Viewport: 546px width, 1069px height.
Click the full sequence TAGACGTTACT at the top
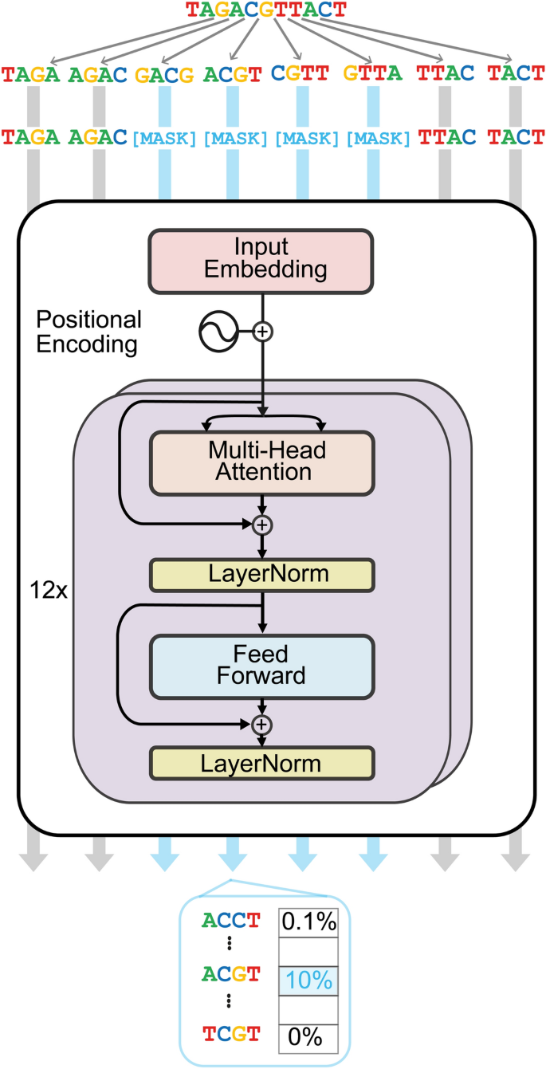265,11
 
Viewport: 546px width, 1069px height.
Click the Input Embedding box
261,259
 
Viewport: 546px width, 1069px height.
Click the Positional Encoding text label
88,332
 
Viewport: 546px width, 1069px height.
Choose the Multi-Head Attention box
261,461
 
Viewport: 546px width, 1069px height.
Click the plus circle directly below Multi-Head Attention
261,524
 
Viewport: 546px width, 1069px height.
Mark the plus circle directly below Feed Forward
261,724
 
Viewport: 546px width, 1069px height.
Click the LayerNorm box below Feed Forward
261,764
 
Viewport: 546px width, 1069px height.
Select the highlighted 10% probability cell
308,980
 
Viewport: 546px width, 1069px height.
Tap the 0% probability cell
308,1036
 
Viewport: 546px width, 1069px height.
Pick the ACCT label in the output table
230,922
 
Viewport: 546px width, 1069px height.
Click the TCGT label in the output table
230,1036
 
